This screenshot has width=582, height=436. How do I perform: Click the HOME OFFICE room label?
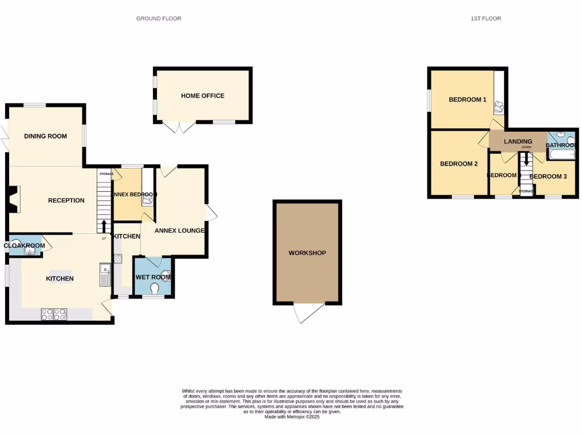click(202, 96)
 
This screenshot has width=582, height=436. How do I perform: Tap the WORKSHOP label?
click(307, 253)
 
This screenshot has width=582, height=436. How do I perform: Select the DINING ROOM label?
click(45, 136)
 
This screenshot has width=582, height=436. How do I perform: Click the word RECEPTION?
click(66, 200)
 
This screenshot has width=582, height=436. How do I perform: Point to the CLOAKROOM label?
click(24, 246)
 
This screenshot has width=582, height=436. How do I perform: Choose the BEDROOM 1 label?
click(467, 99)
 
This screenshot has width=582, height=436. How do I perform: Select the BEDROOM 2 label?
click(459, 163)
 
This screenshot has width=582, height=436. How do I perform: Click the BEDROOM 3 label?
click(548, 177)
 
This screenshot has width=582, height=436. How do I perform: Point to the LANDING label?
click(518, 141)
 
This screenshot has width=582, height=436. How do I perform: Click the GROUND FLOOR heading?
click(159, 19)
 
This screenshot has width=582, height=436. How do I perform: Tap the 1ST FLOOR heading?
click(485, 19)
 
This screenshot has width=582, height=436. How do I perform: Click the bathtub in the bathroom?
click(562, 154)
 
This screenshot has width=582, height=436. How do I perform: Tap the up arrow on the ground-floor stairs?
click(103, 227)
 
